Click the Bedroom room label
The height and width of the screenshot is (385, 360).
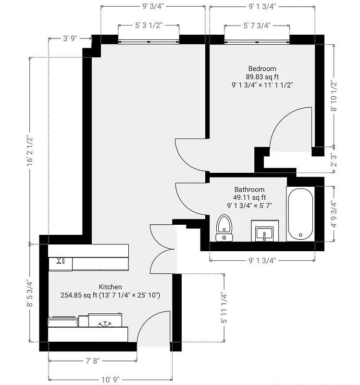(262, 69)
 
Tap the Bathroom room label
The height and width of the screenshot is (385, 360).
(249, 190)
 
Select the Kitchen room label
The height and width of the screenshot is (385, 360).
(110, 287)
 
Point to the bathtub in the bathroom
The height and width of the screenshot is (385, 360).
(300, 214)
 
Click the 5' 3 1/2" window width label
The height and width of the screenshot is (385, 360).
(149, 25)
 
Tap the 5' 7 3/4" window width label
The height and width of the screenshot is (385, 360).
(257, 25)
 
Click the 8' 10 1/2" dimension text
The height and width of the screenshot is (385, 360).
(334, 96)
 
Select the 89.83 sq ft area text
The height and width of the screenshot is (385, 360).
(262, 77)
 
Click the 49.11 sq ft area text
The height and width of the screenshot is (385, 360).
(249, 197)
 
